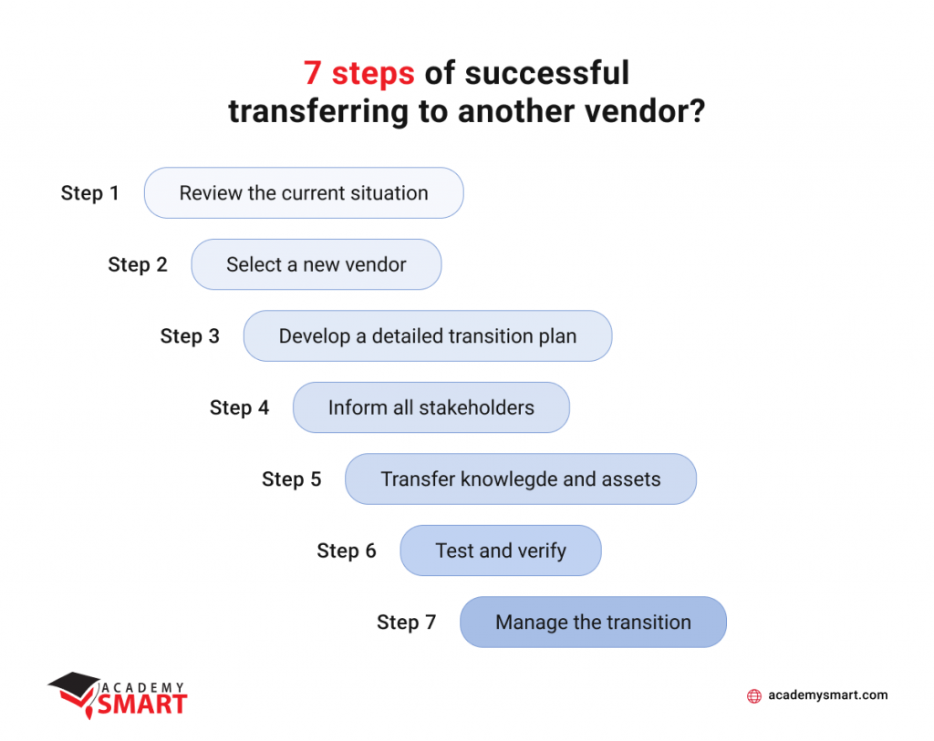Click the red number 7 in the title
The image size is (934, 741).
point(313,73)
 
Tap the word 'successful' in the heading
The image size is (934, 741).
point(547,73)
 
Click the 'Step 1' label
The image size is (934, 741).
point(90,193)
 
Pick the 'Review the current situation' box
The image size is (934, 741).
point(304,193)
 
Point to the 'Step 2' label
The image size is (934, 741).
point(138,264)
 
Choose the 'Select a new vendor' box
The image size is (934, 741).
point(317,264)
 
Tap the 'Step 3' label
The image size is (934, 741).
point(190,335)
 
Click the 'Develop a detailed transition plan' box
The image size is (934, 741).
point(428,335)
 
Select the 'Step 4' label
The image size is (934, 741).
point(240,407)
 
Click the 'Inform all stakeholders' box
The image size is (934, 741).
point(431,407)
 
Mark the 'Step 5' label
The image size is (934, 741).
point(292,479)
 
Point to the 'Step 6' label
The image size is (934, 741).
point(347,551)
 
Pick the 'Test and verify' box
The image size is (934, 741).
point(501,551)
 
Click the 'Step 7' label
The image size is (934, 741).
point(407,622)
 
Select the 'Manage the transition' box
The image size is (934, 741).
point(593,622)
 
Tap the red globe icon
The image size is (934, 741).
point(754,695)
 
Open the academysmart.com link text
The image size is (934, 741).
point(828,695)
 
